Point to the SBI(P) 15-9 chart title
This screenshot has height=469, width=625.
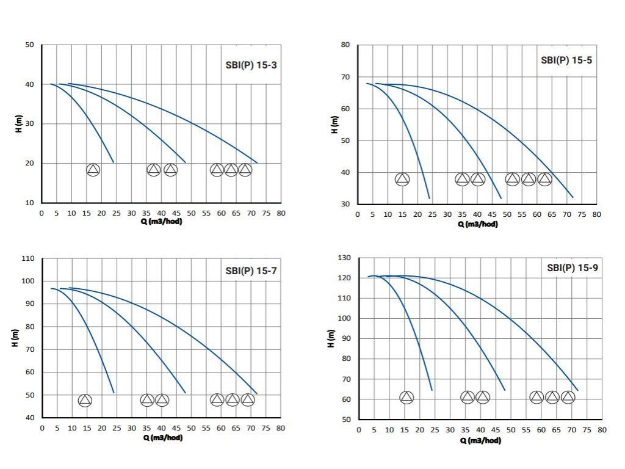(572, 267)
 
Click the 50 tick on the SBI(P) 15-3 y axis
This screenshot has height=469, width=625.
(30, 45)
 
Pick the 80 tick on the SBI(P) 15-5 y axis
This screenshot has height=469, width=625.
(345, 45)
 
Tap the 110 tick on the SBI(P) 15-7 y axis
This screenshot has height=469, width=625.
(28, 258)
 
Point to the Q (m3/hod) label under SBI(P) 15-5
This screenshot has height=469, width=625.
(477, 224)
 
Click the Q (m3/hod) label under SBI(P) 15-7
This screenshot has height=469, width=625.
(162, 437)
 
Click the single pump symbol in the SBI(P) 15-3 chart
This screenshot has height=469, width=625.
(93, 170)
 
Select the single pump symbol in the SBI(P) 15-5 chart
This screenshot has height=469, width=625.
(402, 179)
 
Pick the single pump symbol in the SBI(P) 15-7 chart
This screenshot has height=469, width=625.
(85, 400)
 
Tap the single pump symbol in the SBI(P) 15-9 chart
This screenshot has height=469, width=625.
(406, 398)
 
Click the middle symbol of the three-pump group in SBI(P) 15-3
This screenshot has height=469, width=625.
(231, 170)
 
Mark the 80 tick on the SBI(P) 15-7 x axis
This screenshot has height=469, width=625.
(281, 427)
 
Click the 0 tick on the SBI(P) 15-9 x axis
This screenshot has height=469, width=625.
(359, 430)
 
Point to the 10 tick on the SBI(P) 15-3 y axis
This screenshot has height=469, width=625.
(30, 203)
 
